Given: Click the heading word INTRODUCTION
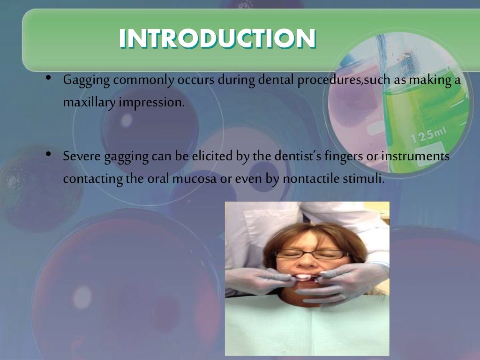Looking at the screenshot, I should point(217,39).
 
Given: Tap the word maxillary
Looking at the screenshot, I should point(89,102).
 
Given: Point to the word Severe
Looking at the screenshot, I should point(79,157).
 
